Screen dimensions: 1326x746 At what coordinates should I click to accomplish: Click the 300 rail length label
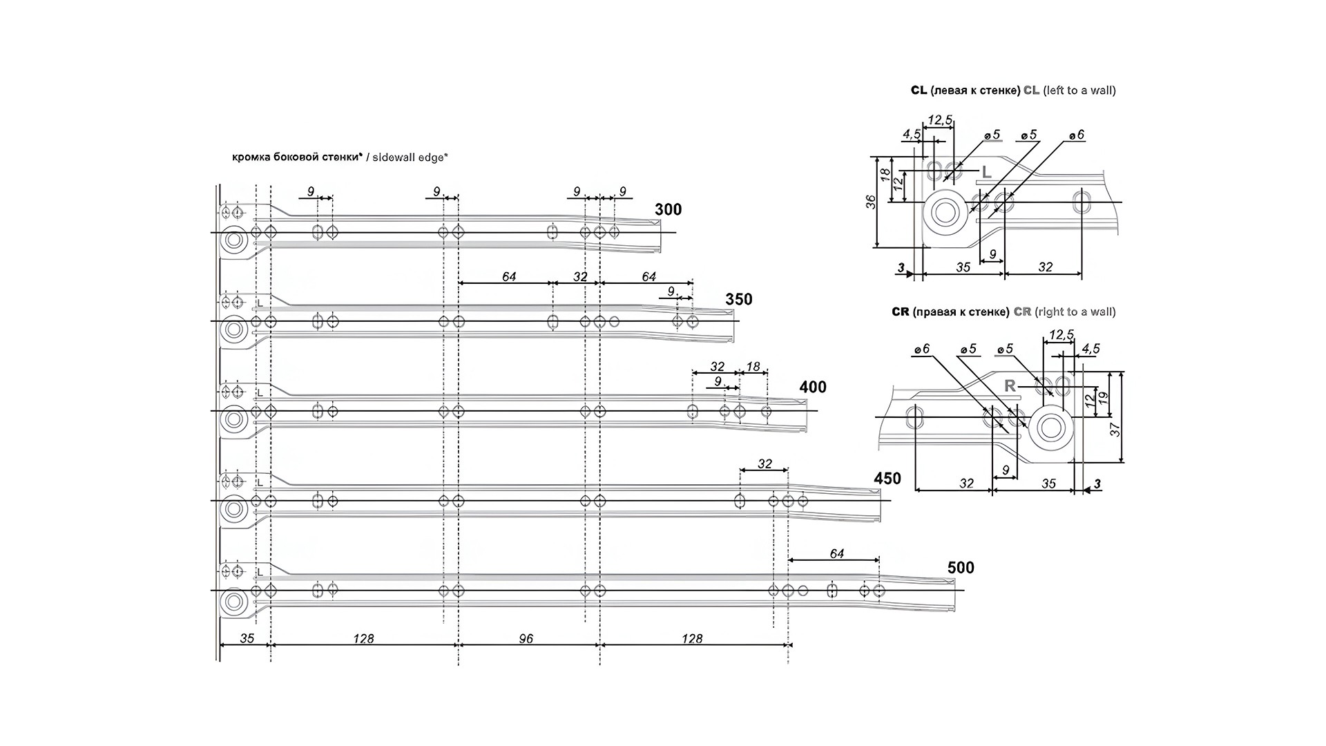668,209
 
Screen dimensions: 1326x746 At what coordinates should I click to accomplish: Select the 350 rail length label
739,299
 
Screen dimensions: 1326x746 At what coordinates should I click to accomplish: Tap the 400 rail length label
813,387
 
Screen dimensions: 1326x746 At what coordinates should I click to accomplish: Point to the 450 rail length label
887,478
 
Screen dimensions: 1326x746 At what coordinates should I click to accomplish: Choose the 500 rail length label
961,568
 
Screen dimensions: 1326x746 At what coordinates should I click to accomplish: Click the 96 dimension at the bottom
526,638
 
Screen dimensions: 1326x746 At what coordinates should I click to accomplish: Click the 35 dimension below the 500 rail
247,638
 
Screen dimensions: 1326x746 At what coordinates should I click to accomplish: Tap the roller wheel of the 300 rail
234,240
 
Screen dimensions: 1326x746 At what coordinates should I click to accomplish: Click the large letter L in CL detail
986,172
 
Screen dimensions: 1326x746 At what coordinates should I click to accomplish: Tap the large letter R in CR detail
1010,385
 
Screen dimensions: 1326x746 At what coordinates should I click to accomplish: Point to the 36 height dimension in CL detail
872,202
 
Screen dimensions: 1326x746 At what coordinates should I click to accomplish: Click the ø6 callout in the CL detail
1077,135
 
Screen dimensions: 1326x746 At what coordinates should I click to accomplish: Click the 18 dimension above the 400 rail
753,367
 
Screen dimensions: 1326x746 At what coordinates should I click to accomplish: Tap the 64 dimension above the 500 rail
837,553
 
